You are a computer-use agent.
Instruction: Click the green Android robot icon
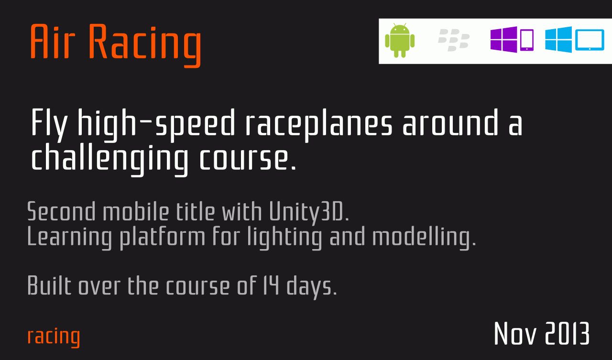(400, 41)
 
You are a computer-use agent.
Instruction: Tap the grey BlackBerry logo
(454, 40)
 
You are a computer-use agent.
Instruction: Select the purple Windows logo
(503, 39)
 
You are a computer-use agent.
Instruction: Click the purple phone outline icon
(527, 40)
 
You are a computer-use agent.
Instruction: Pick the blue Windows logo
(558, 39)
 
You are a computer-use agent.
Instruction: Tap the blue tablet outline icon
(590, 40)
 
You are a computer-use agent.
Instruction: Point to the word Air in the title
(52, 41)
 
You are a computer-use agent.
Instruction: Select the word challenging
(109, 160)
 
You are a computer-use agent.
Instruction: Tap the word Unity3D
(309, 212)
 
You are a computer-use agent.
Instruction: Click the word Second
(62, 211)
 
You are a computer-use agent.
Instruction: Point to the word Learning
(70, 237)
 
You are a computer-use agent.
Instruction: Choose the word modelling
(424, 237)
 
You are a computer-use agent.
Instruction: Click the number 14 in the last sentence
(271, 285)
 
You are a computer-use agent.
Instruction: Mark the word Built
(49, 285)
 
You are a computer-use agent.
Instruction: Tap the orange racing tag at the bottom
(54, 337)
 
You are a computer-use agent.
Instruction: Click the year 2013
(567, 333)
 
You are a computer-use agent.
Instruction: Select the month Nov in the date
(515, 333)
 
